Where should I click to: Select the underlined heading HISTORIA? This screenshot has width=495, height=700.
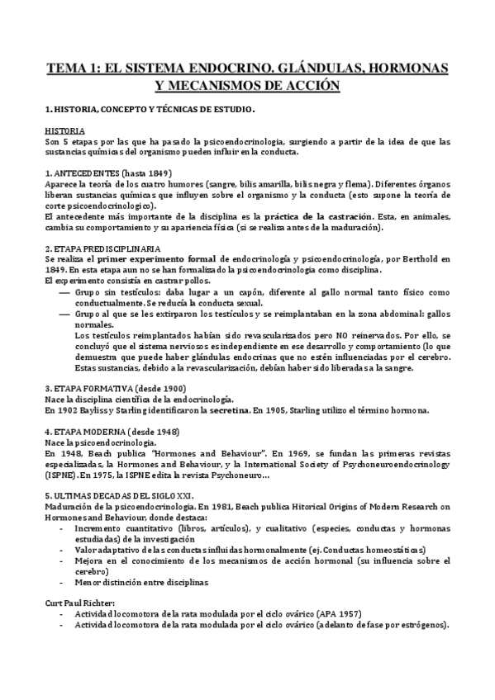coord(63,131)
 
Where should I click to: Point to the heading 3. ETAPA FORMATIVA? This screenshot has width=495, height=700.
coord(116,388)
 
